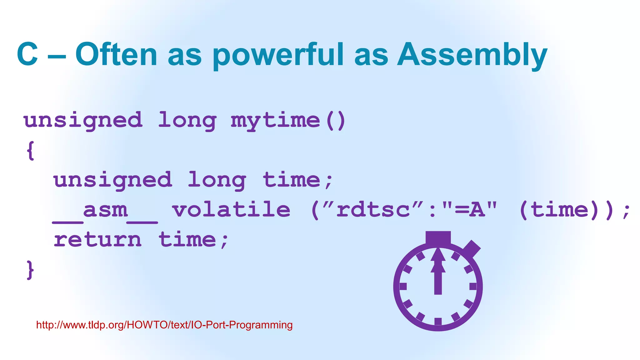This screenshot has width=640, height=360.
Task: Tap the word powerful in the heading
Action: [278, 56]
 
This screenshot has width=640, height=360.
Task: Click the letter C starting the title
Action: [27, 55]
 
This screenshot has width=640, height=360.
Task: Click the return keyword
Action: [97, 240]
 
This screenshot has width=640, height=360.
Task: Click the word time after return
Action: [187, 240]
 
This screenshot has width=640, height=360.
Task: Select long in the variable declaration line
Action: [217, 181]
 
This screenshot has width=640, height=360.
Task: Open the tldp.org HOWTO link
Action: [164, 325]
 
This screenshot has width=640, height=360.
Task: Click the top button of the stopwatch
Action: [438, 237]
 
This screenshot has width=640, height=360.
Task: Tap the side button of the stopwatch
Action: [472, 249]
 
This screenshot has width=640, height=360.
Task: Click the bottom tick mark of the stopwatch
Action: [438, 321]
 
